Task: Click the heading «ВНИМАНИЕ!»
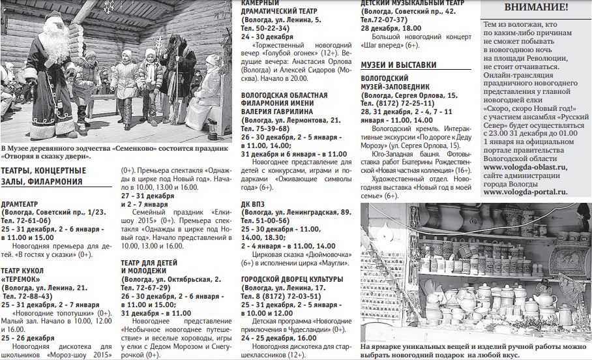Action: tap(536, 7)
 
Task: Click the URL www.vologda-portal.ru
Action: tap(525, 192)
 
